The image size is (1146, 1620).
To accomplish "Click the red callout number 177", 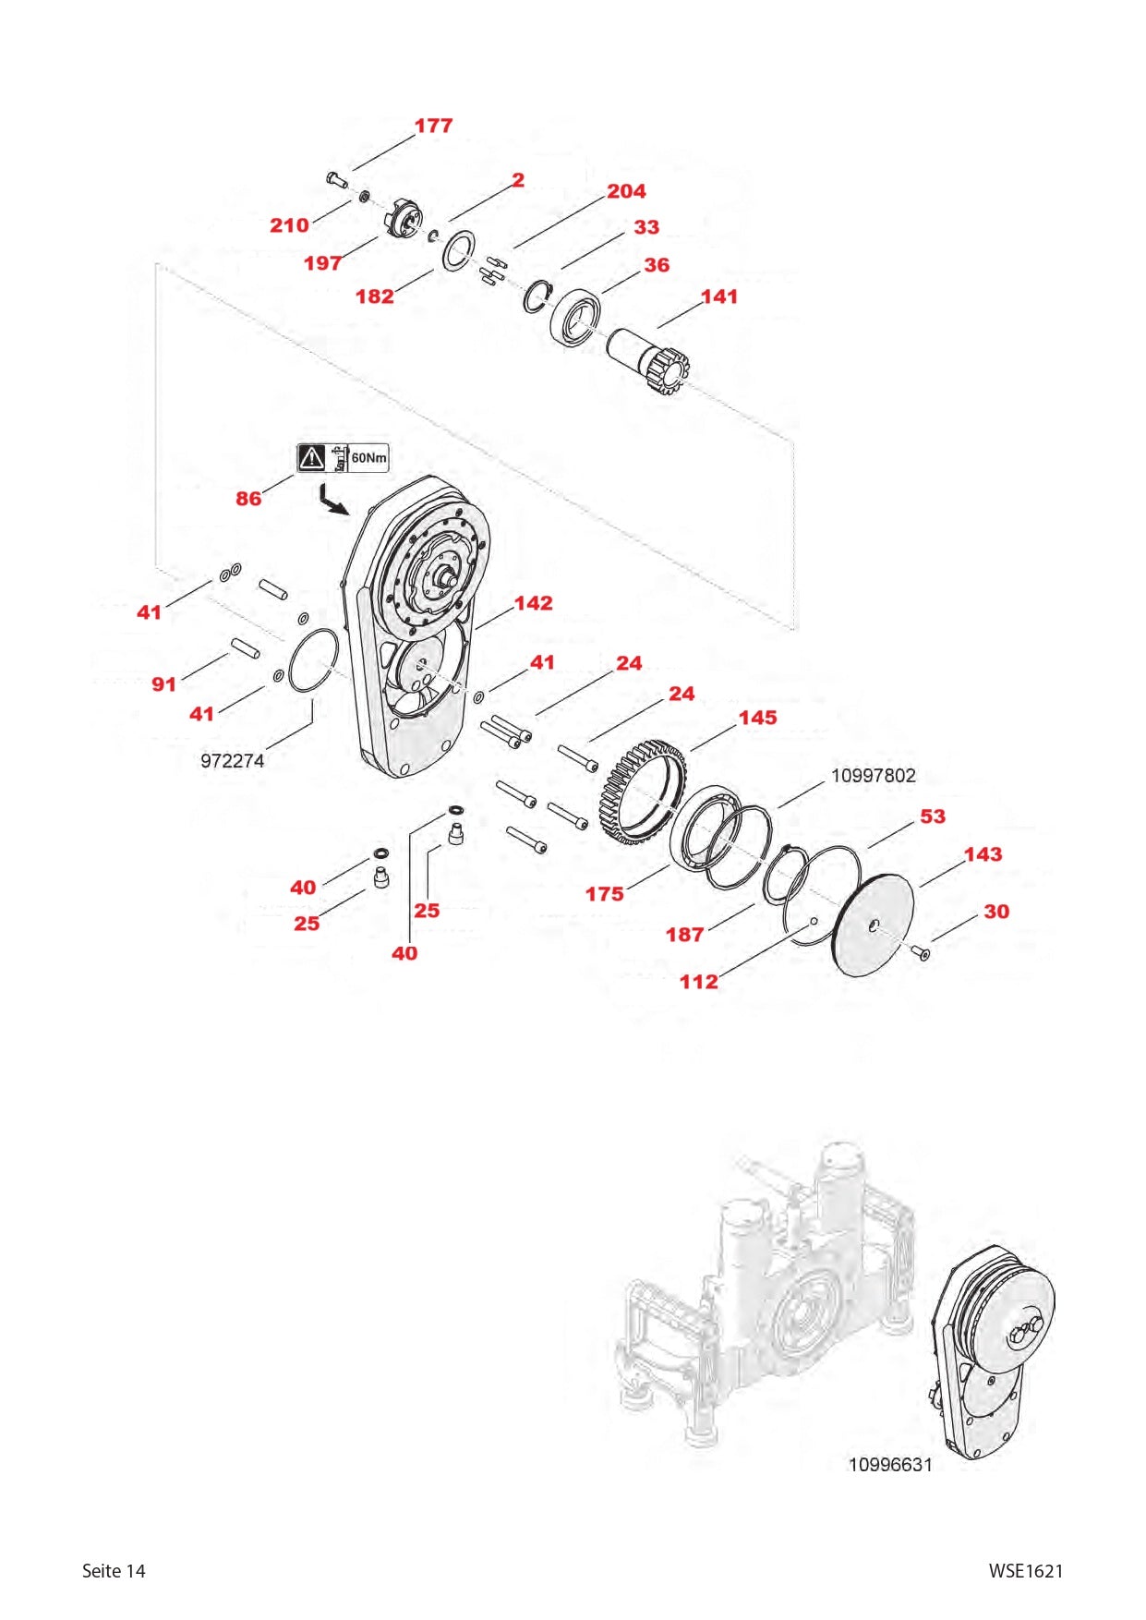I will tap(433, 126).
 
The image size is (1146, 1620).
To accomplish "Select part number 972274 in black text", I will tap(232, 761).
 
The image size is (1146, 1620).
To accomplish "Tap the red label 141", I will tap(719, 296).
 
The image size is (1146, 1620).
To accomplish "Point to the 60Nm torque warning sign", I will tap(343, 457).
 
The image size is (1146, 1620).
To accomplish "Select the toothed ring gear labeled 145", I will tap(644, 791).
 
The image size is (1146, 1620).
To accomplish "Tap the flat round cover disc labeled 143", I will tap(873, 925).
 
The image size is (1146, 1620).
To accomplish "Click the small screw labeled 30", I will tap(922, 952).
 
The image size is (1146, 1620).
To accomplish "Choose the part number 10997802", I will tap(873, 776).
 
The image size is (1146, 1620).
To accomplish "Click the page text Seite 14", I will tap(114, 1571).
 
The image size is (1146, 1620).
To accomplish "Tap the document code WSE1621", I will tap(1025, 1571).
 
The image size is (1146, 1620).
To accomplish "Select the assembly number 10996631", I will tap(890, 1465).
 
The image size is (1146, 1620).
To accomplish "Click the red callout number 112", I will tap(698, 982).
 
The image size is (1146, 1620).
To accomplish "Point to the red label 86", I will tap(248, 499).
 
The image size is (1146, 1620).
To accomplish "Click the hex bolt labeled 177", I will tap(336, 179).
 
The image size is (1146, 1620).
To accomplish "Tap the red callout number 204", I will tap(626, 191).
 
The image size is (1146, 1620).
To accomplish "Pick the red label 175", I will tap(604, 894).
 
